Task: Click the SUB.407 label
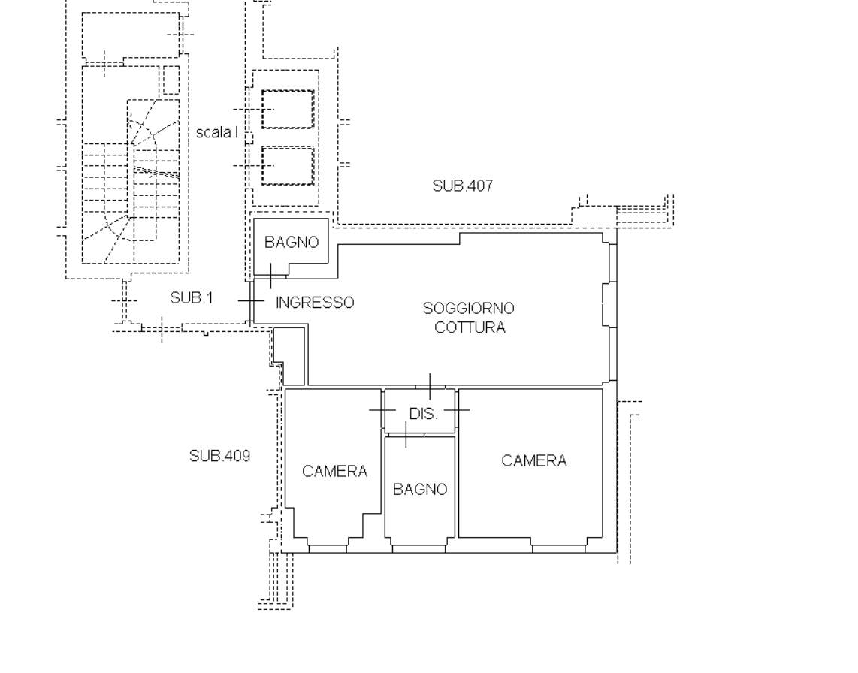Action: click(x=462, y=186)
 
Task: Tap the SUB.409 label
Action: click(x=219, y=456)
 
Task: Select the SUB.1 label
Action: click(x=191, y=298)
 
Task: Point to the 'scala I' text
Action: click(x=216, y=132)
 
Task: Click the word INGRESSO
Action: click(x=315, y=303)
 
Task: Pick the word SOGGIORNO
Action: click(x=468, y=309)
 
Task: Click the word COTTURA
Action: click(x=470, y=327)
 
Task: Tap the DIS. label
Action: click(x=424, y=414)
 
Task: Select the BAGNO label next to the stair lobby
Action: click(x=291, y=243)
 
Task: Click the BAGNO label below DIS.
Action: click(x=420, y=489)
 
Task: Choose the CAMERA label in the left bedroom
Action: click(x=334, y=471)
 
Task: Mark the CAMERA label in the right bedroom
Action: click(x=533, y=460)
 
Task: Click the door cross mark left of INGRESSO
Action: click(x=251, y=301)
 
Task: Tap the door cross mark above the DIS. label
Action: click(x=430, y=387)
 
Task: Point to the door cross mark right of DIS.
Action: click(x=456, y=409)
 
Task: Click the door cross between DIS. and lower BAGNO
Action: click(x=406, y=434)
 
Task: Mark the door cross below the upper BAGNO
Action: click(x=271, y=276)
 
